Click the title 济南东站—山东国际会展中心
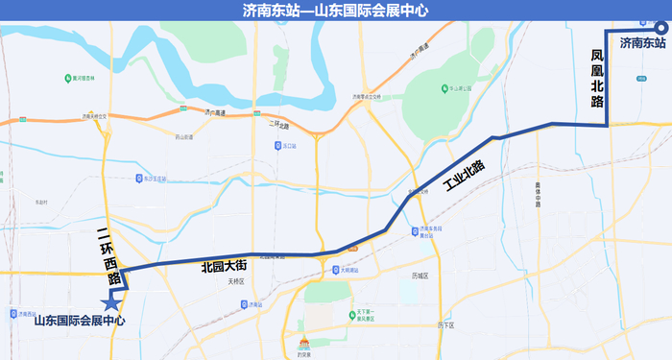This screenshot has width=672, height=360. point(336,11)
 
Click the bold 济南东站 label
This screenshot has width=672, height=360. point(642,43)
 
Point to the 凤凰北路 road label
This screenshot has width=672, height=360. point(597,81)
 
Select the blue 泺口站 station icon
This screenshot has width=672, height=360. point(276,145)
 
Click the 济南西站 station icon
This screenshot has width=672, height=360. point(13,312)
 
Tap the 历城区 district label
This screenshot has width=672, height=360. point(419,276)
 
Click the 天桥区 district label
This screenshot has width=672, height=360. point(236,282)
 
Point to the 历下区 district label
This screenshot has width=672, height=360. point(444,325)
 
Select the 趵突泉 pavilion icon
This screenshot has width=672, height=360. point(304,343)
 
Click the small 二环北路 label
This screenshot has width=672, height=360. point(277,124)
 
